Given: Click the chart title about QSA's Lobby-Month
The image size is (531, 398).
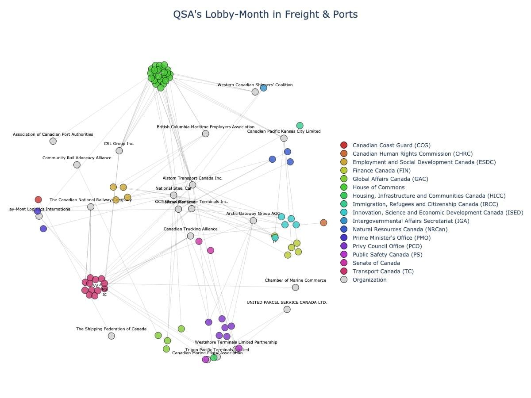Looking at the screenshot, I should pyautogui.click(x=265, y=15).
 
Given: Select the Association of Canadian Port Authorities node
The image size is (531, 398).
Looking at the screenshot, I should pyautogui.click(x=53, y=141).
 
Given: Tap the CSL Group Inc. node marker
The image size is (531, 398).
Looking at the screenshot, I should pyautogui.click(x=119, y=151).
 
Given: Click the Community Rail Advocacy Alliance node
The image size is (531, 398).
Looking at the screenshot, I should pyautogui.click(x=77, y=165).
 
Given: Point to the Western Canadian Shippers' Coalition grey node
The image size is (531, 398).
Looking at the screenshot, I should pyautogui.click(x=255, y=92).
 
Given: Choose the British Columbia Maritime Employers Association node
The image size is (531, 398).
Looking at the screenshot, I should pyautogui.click(x=205, y=134).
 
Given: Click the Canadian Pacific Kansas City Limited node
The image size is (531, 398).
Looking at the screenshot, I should pyautogui.click(x=284, y=138).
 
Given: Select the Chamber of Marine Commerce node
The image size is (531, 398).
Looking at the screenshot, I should pyautogui.click(x=296, y=287).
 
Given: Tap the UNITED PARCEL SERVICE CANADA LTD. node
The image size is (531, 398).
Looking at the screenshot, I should pyautogui.click(x=287, y=309).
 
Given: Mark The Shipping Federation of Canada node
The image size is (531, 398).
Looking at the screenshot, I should pyautogui.click(x=112, y=336).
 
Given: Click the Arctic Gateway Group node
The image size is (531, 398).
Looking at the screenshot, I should pyautogui.click(x=253, y=221).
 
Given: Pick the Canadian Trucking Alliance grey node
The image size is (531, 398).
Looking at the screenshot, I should pyautogui.click(x=190, y=236).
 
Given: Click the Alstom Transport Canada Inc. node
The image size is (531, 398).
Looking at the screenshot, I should pyautogui.click(x=192, y=185).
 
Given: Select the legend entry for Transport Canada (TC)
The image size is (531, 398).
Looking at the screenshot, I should pyautogui.click(x=383, y=272).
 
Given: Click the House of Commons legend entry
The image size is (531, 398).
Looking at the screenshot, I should pyautogui.click(x=378, y=188).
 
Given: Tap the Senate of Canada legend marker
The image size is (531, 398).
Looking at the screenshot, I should pyautogui.click(x=344, y=263).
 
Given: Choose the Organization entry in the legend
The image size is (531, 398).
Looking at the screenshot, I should pyautogui.click(x=369, y=280).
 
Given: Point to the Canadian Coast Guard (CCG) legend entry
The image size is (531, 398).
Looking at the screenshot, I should pyautogui.click(x=391, y=145).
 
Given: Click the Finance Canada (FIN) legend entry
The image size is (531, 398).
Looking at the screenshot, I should pyautogui.click(x=381, y=171).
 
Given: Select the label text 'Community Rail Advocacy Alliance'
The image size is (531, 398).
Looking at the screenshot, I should pyautogui.click(x=77, y=158).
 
